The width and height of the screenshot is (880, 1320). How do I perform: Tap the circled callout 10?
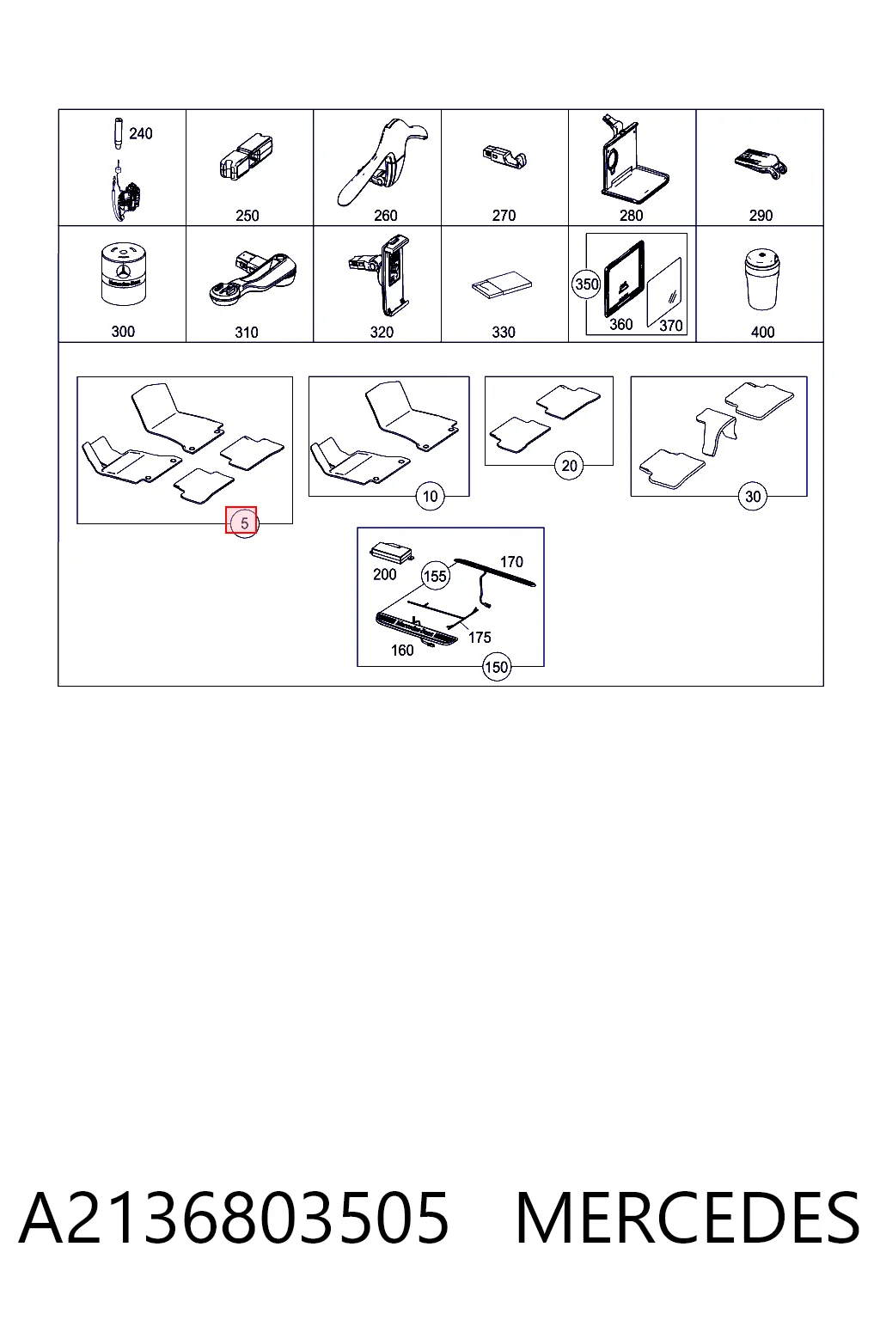430,496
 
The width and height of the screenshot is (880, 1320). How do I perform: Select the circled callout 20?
569,466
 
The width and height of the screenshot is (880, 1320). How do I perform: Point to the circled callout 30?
753,496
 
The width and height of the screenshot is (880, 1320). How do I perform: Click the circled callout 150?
497,667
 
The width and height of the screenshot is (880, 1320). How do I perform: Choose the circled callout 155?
435,576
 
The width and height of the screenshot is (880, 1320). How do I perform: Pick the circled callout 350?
586,284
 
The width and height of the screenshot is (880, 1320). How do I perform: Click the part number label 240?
141,134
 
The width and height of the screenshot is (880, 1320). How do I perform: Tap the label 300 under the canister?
123,332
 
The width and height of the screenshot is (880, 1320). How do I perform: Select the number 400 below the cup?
763,333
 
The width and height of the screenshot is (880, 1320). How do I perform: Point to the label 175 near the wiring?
480,638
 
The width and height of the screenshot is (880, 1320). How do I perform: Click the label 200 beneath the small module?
385,575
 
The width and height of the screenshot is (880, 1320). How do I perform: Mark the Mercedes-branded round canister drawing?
124,275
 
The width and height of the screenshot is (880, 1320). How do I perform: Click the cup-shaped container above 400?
762,279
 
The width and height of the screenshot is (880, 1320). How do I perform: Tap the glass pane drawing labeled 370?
664,291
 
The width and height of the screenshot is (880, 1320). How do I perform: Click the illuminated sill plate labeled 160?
416,629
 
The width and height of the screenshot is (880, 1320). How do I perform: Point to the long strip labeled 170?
495,571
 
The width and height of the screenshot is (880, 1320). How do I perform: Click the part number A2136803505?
234,1218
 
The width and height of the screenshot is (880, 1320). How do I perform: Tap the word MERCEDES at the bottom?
687,1218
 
